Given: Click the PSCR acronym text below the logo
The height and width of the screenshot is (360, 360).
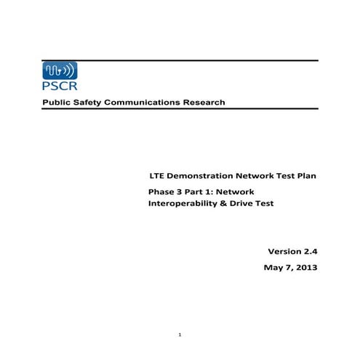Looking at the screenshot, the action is [x=57, y=90].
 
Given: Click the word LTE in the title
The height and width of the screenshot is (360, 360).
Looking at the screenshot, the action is [x=156, y=176].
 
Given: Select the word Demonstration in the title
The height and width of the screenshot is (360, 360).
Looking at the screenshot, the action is [x=200, y=176].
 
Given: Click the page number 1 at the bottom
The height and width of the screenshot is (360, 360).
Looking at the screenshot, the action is [x=180, y=335].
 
